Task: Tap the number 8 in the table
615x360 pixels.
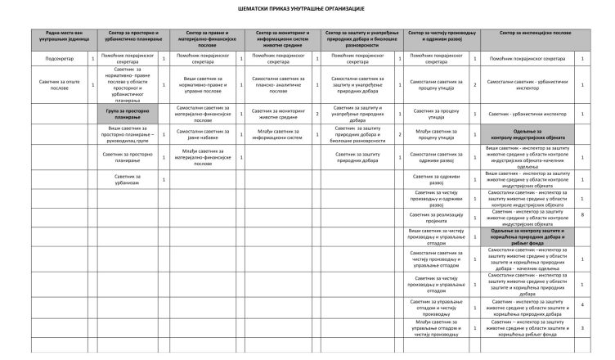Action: [x=581, y=215]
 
